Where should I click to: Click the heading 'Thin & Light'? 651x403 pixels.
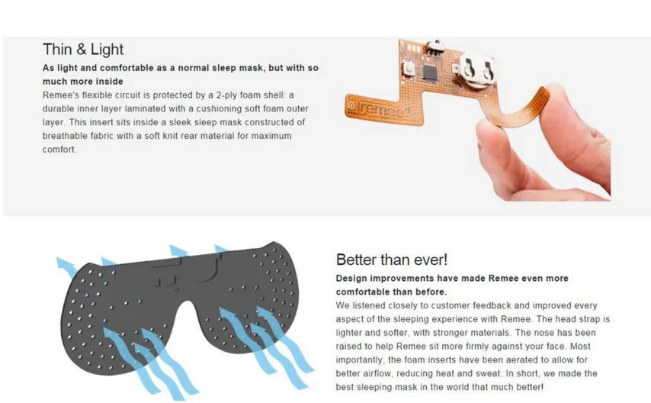click(x=83, y=50)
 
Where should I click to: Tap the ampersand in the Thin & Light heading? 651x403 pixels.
click(x=82, y=50)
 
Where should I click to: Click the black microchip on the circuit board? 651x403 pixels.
click(x=431, y=73)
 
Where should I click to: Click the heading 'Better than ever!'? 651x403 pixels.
click(x=392, y=260)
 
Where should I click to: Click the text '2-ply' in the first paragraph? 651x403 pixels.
click(x=226, y=95)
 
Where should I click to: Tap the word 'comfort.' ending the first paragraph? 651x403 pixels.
click(x=59, y=150)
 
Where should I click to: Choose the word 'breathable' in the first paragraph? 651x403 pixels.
click(x=63, y=136)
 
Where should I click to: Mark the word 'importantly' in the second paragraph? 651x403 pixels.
click(x=360, y=359)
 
